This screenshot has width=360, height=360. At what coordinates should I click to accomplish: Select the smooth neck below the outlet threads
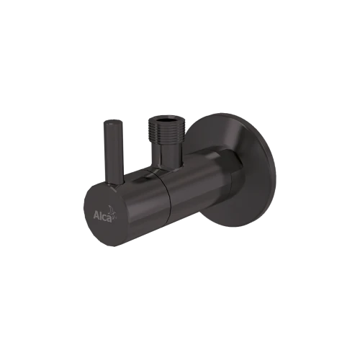tap(164, 157)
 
